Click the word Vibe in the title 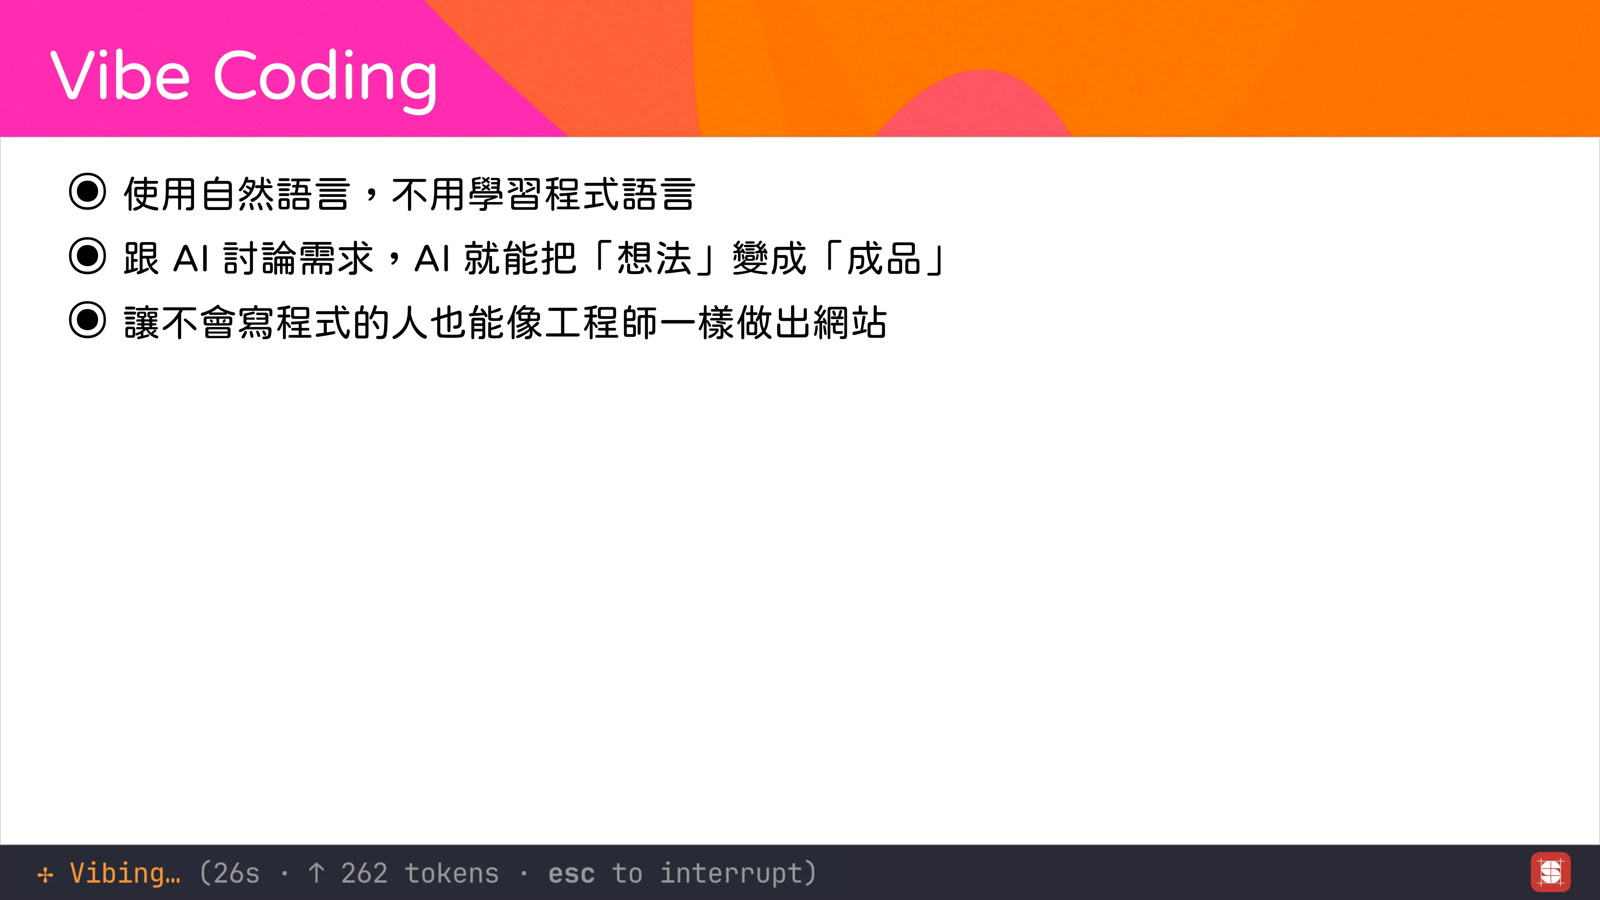pyautogui.click(x=120, y=76)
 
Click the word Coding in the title pyautogui.click(x=326, y=78)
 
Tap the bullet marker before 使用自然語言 pyautogui.click(x=88, y=192)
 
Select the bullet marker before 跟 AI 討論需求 pyautogui.click(x=88, y=256)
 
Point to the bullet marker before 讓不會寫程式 pyautogui.click(x=88, y=320)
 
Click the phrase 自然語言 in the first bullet pyautogui.click(x=275, y=194)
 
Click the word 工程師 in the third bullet pyautogui.click(x=602, y=322)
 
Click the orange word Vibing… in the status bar pyautogui.click(x=125, y=873)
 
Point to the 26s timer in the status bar pyautogui.click(x=236, y=873)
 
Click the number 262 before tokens pyautogui.click(x=364, y=873)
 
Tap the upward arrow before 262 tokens pyautogui.click(x=316, y=873)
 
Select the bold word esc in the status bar pyautogui.click(x=571, y=873)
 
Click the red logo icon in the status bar pyautogui.click(x=1550, y=872)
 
